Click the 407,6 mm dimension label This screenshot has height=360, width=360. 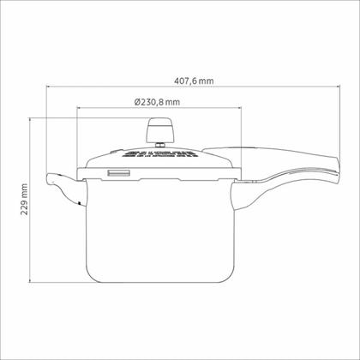tap(194, 81)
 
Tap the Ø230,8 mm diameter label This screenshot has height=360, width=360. tap(157, 102)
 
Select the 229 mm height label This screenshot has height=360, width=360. tap(24, 200)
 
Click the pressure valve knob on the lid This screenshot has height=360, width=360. tap(159, 130)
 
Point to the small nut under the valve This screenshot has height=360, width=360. tap(160, 145)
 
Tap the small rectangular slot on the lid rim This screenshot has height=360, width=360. tap(119, 173)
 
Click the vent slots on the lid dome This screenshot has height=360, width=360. tap(159, 154)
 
